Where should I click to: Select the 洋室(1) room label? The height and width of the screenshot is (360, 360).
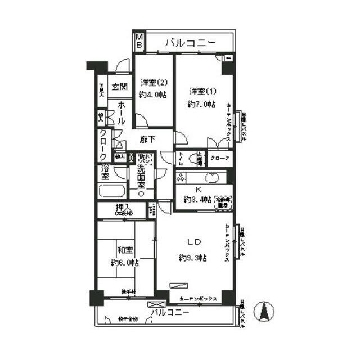tap(202, 91)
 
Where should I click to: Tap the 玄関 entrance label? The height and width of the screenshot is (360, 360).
tap(119, 87)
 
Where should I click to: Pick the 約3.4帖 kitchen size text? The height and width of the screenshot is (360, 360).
tap(197, 200)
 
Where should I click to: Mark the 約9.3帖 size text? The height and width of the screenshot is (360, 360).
tap(192, 258)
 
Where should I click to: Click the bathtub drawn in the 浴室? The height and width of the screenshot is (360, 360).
tap(112, 190)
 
